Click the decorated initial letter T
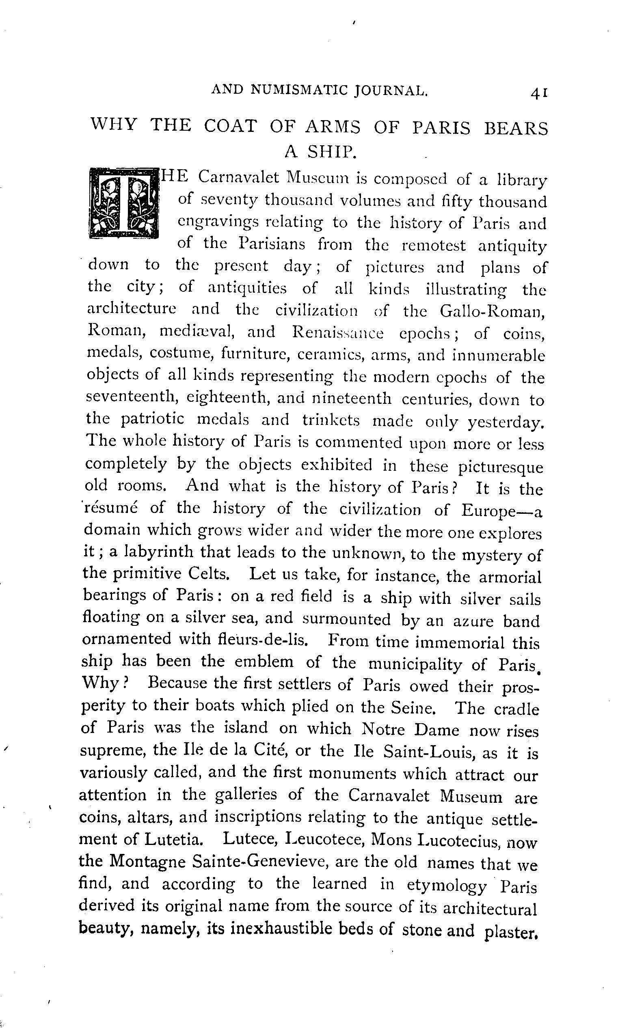pyautogui.click(x=124, y=203)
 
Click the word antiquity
pyautogui.click(x=512, y=247)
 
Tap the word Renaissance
pyautogui.click(x=337, y=333)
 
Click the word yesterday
pyautogui.click(x=506, y=423)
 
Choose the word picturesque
pyautogui.click(x=500, y=468)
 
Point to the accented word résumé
pyautogui.click(x=111, y=509)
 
